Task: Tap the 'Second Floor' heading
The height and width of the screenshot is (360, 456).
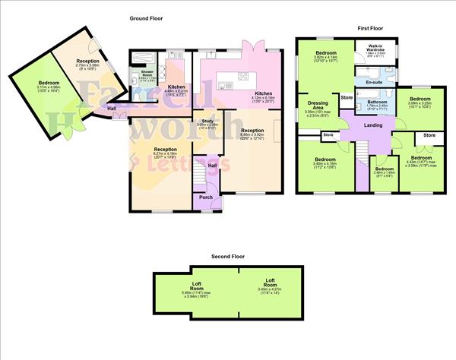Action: point(228,257)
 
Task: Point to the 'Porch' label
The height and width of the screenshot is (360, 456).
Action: point(205,197)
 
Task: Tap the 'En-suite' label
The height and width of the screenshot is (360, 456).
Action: point(373,81)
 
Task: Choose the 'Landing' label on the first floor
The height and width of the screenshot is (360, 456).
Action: point(372,125)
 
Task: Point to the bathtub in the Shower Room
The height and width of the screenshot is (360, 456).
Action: point(145,58)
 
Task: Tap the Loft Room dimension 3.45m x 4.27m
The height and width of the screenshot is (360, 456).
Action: point(271,289)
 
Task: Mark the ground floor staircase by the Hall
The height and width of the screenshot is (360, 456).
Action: point(201,171)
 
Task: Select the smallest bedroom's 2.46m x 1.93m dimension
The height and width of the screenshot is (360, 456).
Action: point(385,173)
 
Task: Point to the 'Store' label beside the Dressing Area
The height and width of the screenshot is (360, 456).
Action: point(347,97)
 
